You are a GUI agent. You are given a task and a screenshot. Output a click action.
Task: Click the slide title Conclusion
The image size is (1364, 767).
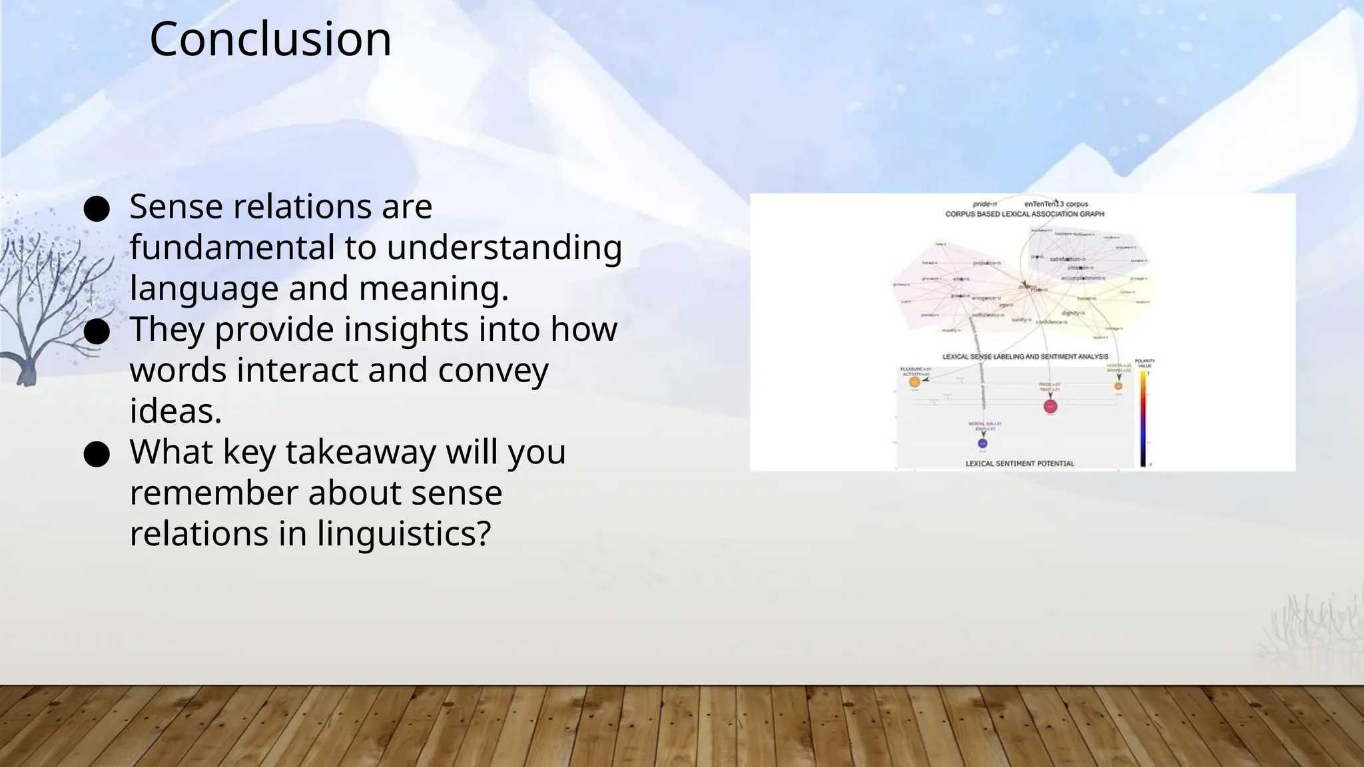click(x=270, y=39)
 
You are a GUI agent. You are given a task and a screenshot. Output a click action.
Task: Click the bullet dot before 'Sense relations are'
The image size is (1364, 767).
click(x=97, y=210)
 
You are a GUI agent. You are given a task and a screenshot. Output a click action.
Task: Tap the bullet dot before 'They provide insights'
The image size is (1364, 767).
click(x=97, y=332)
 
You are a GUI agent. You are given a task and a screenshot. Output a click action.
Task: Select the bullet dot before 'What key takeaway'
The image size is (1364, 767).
click(x=97, y=455)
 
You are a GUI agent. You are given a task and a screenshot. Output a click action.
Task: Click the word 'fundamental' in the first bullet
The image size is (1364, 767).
click(x=232, y=248)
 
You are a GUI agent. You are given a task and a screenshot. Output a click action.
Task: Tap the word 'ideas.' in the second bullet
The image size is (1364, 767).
click(x=175, y=411)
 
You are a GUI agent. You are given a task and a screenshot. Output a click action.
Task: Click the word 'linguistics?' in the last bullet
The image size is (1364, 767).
click(x=404, y=534)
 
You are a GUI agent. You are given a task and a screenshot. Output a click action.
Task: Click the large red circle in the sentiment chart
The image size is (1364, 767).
click(x=1050, y=406)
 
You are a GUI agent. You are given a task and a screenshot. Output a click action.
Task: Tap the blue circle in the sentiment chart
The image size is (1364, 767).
click(x=982, y=443)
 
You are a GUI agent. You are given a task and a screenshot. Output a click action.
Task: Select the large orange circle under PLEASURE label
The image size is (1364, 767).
click(x=914, y=382)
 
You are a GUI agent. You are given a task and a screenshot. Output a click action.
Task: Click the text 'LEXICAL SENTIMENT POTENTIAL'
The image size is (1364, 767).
click(x=1020, y=463)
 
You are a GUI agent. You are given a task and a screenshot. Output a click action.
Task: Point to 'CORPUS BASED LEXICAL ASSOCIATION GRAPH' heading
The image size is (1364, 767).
click(x=1024, y=214)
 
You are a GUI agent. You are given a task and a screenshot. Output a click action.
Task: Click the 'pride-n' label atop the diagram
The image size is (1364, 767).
click(x=984, y=204)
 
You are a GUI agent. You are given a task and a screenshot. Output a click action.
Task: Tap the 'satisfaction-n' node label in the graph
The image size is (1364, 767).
click(x=1068, y=259)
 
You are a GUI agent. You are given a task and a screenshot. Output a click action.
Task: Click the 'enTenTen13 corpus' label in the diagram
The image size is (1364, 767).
click(x=1056, y=204)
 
